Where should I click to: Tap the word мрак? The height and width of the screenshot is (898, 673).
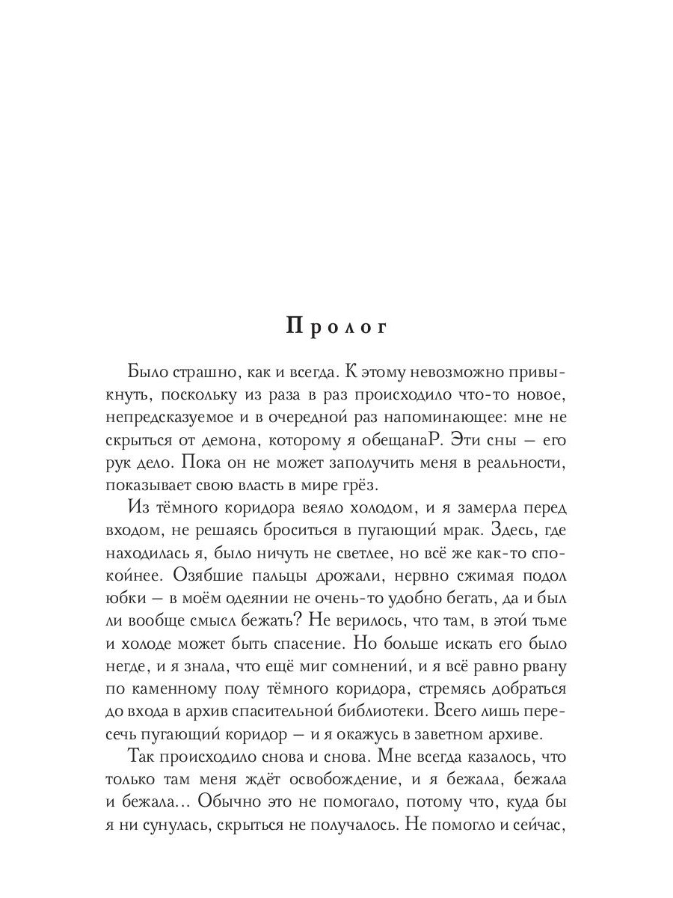tap(508, 531)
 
